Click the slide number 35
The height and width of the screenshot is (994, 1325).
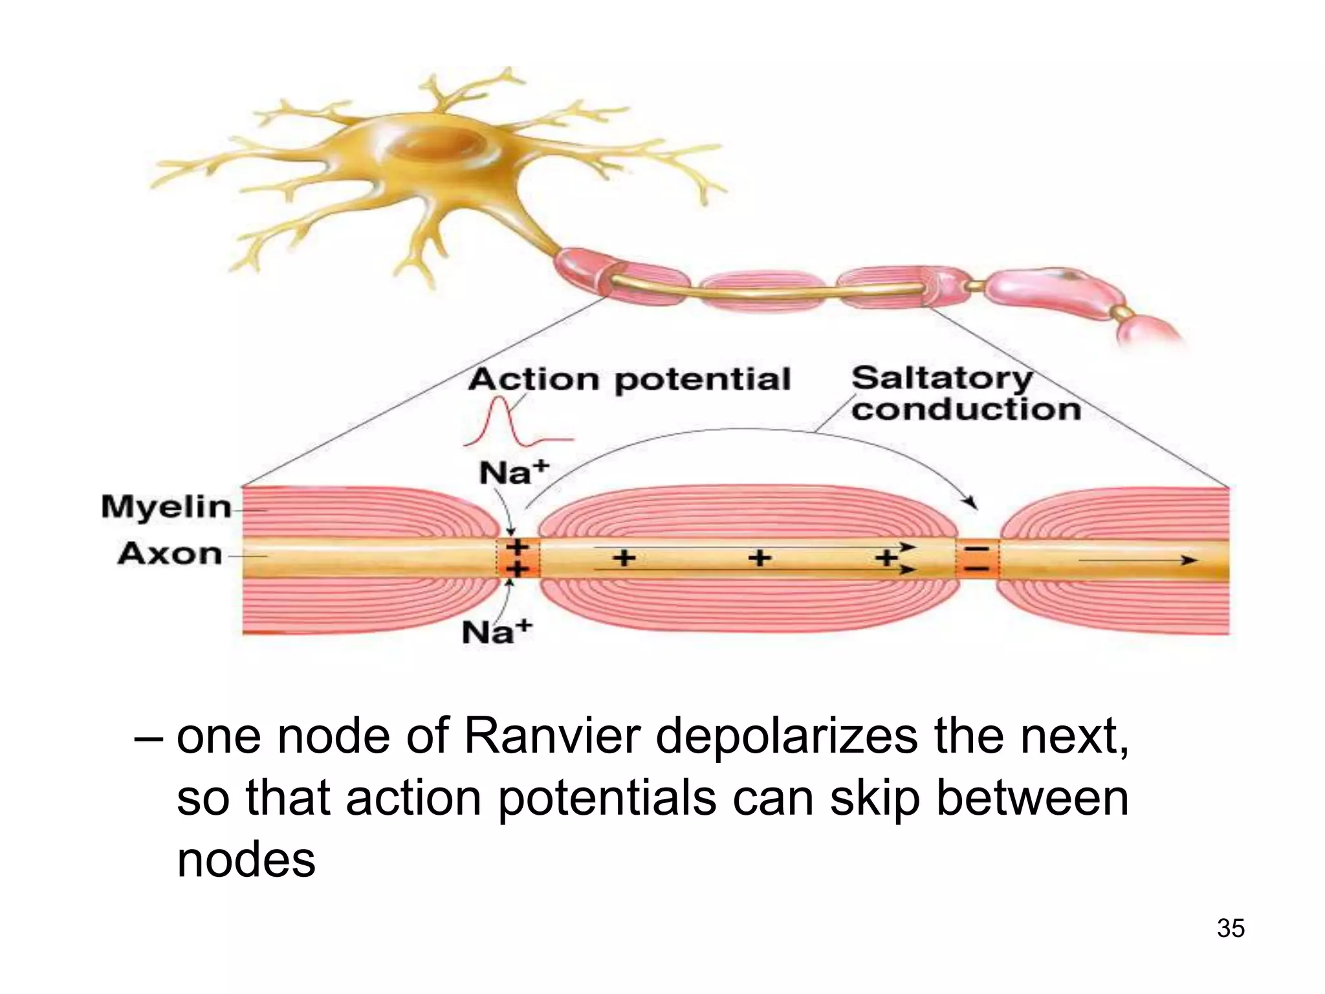(x=1231, y=928)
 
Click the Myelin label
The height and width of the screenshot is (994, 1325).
(x=166, y=507)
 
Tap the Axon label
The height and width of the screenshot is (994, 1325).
(x=170, y=554)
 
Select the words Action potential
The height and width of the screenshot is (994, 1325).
(x=630, y=379)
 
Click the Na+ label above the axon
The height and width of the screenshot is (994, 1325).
(x=514, y=473)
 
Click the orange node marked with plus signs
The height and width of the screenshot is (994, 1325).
(x=517, y=558)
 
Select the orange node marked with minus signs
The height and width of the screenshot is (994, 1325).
(x=978, y=558)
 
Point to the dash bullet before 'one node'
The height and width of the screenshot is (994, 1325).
(x=148, y=738)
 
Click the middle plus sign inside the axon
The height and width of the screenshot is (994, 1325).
(x=760, y=557)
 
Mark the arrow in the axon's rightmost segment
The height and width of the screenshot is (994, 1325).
(x=1139, y=560)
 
